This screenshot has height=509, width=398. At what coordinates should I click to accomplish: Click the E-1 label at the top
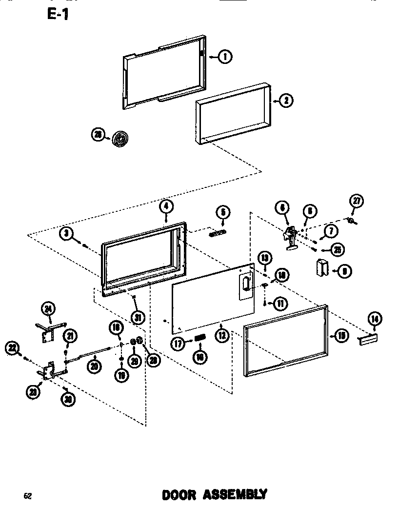[58, 15]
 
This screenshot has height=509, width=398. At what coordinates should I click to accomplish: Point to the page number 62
[28, 496]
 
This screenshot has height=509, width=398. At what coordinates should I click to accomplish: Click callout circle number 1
[225, 57]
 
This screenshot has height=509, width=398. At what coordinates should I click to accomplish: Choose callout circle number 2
[286, 101]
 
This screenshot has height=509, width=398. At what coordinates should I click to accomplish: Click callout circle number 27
[356, 201]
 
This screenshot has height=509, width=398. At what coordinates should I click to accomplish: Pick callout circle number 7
[330, 229]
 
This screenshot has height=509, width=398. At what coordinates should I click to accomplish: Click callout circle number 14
[375, 319]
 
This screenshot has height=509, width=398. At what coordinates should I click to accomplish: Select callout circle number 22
[12, 348]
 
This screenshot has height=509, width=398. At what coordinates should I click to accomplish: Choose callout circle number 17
[179, 343]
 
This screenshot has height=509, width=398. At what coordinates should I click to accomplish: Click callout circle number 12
[222, 335]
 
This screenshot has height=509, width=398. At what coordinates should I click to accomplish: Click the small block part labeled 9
[322, 268]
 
